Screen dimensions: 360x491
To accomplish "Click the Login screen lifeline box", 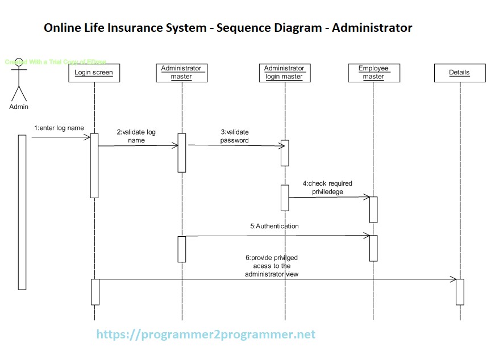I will (x=94, y=73).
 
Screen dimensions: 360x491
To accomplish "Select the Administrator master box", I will (x=181, y=73).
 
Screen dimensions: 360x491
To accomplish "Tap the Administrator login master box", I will (x=284, y=73).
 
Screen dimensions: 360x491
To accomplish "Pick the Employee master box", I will (x=373, y=73).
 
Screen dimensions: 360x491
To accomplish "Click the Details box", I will (x=459, y=73).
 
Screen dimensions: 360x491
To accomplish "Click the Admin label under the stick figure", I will (x=19, y=106).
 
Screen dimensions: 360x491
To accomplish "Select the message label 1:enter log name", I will (x=59, y=128).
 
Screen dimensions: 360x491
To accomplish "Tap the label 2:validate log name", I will (x=136, y=136).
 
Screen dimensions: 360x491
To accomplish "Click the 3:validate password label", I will (x=235, y=136).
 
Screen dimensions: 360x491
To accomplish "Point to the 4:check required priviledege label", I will (x=327, y=188).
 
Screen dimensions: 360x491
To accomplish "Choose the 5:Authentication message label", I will (x=274, y=226).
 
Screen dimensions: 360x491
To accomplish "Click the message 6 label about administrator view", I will (x=272, y=266).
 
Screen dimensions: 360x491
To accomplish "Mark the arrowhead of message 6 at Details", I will (x=453, y=279).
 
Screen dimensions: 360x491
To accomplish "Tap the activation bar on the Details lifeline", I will (x=460, y=292).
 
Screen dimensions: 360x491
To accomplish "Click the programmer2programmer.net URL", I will (x=206, y=334).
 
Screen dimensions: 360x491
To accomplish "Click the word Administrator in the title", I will (x=372, y=27).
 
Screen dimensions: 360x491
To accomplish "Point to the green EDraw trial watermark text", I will (x=56, y=62).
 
